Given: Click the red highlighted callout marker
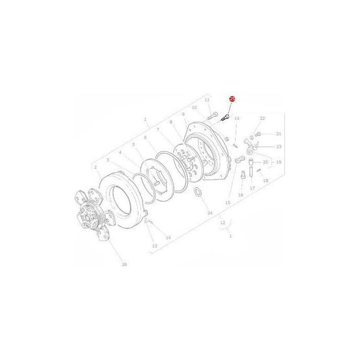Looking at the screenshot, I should click(232, 99).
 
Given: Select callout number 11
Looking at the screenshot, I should click(207, 99).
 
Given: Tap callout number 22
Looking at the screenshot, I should click(262, 118).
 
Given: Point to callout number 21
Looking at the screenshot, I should click(278, 134).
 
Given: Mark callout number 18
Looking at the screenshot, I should click(265, 181).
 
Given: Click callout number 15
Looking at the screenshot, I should click(228, 203).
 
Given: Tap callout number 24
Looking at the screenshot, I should click(209, 213).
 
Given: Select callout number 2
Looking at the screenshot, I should click(96, 167).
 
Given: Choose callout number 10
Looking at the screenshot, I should click(194, 107).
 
